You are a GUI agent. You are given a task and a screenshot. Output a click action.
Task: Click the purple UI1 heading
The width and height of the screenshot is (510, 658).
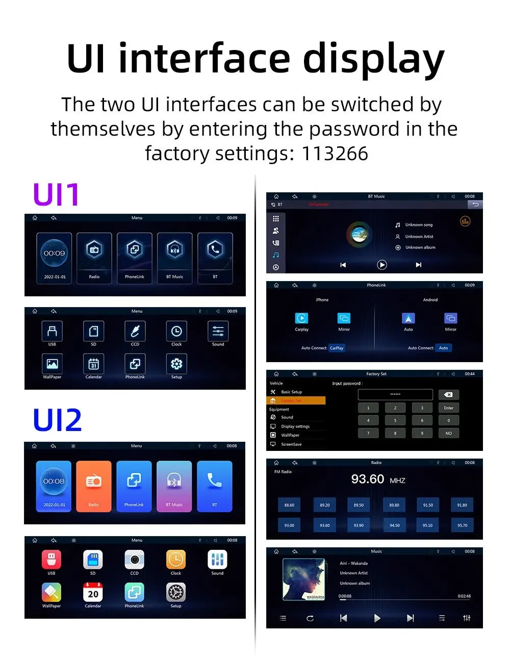(56, 194)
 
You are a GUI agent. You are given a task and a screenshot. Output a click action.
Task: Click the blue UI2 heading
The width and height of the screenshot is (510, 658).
(57, 420)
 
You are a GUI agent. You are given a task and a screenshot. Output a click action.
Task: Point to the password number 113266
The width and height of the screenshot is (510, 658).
(335, 153)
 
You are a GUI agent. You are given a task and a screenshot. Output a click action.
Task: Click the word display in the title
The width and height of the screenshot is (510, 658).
(373, 60)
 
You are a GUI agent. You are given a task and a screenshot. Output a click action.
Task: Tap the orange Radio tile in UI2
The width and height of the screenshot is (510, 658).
(93, 486)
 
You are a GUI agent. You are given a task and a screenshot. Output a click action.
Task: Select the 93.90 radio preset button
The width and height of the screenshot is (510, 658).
(359, 525)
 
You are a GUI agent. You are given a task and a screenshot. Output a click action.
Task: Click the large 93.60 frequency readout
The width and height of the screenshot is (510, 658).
(368, 479)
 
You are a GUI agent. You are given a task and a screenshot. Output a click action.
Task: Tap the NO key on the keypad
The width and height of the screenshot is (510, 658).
(448, 433)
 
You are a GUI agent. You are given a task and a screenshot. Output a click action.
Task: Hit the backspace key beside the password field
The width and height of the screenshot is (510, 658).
(448, 395)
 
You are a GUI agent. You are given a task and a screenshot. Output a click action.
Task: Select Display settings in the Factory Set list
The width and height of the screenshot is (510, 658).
(295, 426)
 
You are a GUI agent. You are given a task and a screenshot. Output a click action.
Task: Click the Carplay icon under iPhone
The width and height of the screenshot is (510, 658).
(301, 318)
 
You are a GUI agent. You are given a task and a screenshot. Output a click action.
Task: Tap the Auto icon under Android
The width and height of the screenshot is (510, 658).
(408, 318)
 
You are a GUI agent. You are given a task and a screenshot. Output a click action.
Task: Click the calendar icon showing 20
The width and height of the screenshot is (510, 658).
(93, 592)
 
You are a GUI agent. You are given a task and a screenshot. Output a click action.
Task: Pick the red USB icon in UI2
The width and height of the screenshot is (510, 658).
(51, 560)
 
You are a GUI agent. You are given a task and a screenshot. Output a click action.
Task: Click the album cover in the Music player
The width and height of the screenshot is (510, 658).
(304, 579)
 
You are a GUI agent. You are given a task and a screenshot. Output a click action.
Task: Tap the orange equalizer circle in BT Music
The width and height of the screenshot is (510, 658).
(465, 221)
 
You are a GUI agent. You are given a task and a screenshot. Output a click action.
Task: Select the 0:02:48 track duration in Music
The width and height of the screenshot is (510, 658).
(464, 596)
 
